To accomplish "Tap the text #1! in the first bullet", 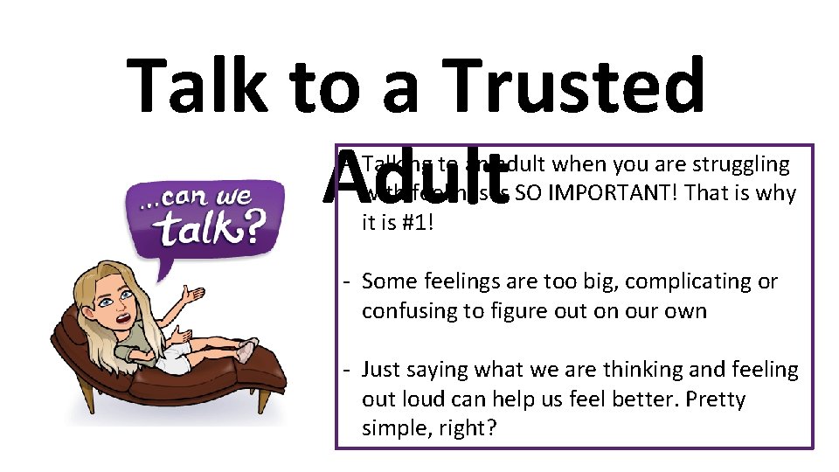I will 414,222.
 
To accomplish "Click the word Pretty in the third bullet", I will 716,399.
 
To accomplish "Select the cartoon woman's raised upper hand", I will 193,295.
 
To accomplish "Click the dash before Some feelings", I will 347,281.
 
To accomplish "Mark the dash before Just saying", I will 347,370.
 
